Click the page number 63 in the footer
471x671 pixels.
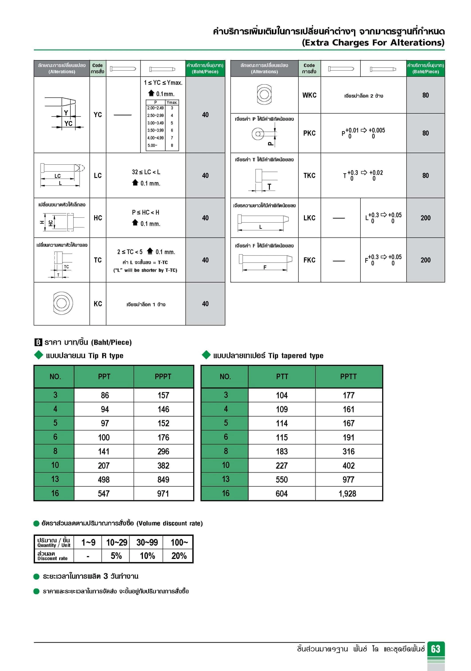tap(435, 649)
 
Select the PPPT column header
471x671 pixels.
tap(163, 376)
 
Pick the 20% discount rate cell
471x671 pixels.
tap(179, 556)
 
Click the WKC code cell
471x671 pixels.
tap(309, 95)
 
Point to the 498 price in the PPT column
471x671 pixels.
tap(104, 480)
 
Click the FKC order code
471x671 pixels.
tap(309, 260)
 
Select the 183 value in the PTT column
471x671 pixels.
tap(282, 452)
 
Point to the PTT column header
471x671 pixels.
tap(282, 376)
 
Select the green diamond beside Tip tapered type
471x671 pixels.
tap(206, 355)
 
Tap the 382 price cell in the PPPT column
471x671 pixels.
tap(163, 466)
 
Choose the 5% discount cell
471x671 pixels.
tap(116, 556)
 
